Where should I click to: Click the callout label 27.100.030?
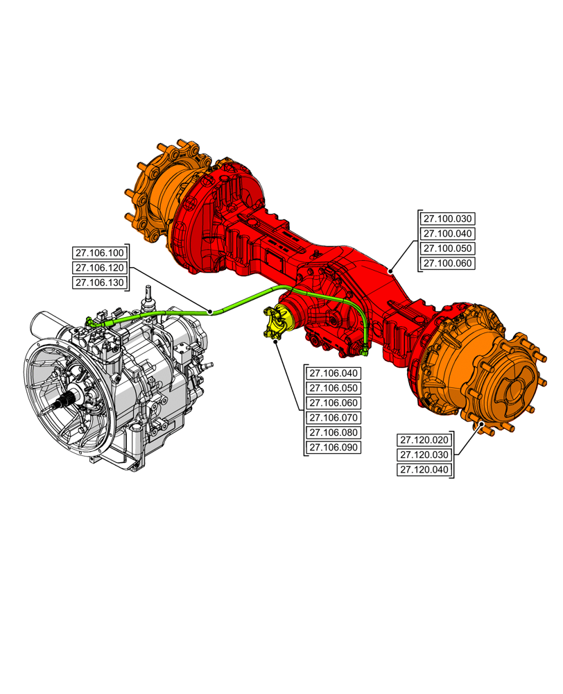click(447, 218)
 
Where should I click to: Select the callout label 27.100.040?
click(447, 233)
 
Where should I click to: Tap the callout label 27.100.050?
click(447, 248)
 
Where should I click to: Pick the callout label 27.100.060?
click(447, 264)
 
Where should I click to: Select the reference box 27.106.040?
click(334, 373)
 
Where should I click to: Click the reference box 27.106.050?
click(334, 388)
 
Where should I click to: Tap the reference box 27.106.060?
click(334, 403)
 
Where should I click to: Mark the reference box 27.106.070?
click(334, 418)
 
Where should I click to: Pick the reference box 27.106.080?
click(334, 433)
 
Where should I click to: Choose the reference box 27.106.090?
click(334, 448)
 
